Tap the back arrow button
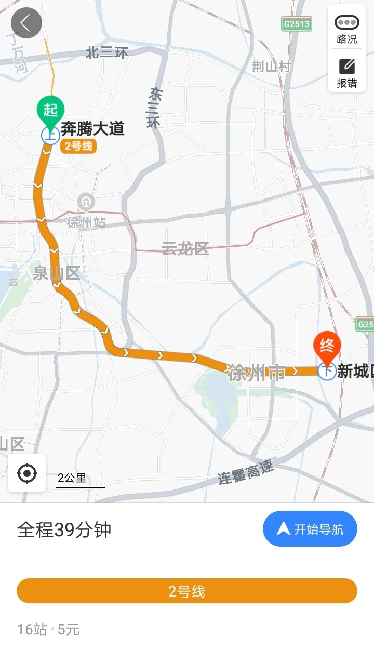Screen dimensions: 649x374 (26, 23)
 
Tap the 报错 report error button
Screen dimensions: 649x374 (347, 73)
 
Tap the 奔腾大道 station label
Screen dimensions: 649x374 (92, 128)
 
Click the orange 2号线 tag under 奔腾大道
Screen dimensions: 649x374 (78, 146)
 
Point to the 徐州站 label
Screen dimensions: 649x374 (86, 222)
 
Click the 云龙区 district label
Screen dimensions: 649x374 (185, 248)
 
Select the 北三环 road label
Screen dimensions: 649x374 (106, 52)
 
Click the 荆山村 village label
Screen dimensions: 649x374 (271, 67)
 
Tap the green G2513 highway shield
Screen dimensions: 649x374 (297, 24)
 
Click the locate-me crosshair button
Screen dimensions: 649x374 (27, 473)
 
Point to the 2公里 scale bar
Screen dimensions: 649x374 (80, 480)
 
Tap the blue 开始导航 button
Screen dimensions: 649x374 (310, 529)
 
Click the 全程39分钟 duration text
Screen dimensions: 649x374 (64, 529)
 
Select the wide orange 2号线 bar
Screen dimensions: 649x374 (187, 591)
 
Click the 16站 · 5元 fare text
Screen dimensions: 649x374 (48, 630)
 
